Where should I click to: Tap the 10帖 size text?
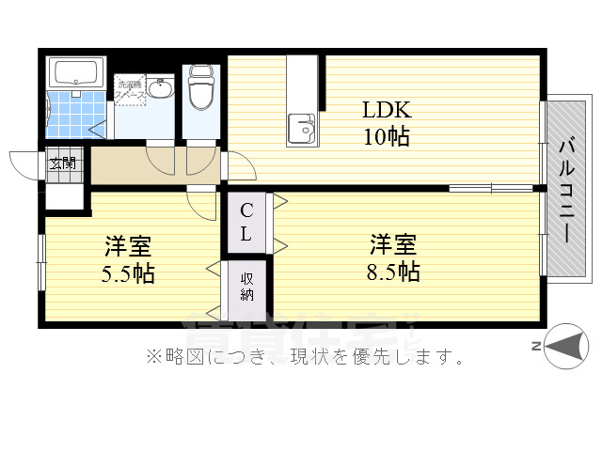point(387,136)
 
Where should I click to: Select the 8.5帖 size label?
point(393,272)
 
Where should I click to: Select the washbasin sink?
point(161,90)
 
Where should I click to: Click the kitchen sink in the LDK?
point(302,126)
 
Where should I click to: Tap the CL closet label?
point(245,223)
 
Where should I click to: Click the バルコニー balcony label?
point(566,189)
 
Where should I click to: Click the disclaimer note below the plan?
point(303,356)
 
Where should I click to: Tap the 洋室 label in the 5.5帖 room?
point(129,247)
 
